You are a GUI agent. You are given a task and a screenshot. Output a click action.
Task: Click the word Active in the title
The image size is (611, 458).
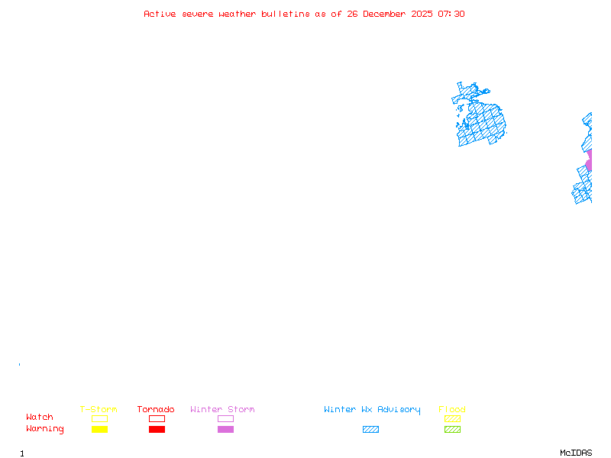pyautogui.click(x=160, y=14)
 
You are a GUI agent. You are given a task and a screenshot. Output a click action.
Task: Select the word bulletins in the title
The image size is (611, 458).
pyautogui.click(x=286, y=14)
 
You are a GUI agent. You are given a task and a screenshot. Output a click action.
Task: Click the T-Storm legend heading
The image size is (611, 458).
pyautogui.click(x=99, y=410)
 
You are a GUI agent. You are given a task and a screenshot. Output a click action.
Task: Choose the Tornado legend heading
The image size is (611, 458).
pyautogui.click(x=156, y=410)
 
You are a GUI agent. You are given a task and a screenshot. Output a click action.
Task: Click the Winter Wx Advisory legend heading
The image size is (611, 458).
pyautogui.click(x=372, y=410)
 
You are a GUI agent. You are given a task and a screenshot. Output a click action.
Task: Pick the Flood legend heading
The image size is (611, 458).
pyautogui.click(x=452, y=410)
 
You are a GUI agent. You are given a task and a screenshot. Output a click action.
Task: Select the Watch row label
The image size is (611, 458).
pyautogui.click(x=40, y=418)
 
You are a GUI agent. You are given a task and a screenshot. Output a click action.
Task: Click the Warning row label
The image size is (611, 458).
pyautogui.click(x=45, y=429)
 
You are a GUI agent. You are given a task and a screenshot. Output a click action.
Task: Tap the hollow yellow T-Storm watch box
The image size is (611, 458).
pyautogui.click(x=99, y=418)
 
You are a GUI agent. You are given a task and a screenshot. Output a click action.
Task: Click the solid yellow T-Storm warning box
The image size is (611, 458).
pyautogui.click(x=99, y=430)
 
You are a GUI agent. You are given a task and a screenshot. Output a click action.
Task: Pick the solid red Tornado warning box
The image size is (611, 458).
pyautogui.click(x=157, y=430)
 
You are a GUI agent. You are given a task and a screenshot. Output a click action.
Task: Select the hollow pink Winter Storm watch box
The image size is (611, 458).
pyautogui.click(x=225, y=418)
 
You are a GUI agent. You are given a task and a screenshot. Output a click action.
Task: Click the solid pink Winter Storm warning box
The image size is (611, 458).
pyautogui.click(x=225, y=430)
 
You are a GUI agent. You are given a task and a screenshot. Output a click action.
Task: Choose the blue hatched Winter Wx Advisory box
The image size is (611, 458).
pyautogui.click(x=370, y=430)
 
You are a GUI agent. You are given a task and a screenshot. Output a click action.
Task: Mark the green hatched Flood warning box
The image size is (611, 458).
pyautogui.click(x=452, y=430)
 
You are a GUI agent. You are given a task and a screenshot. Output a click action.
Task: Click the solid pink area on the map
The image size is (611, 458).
pyautogui.click(x=589, y=161)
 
